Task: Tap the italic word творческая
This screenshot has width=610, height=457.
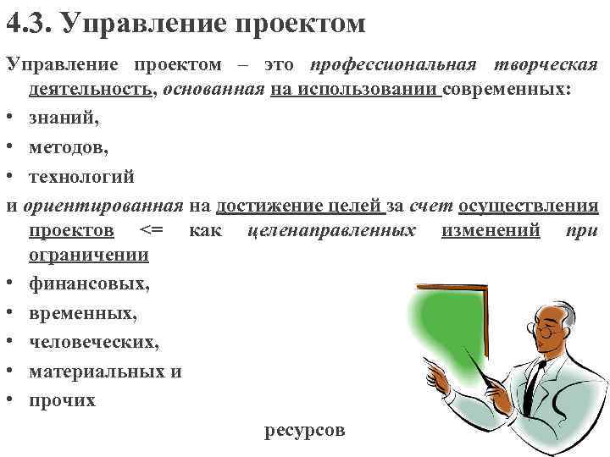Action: (x=543, y=66)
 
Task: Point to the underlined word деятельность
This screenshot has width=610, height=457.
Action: (x=91, y=91)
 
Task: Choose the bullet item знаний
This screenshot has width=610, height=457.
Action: (x=64, y=118)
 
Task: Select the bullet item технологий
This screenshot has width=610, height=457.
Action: (x=81, y=177)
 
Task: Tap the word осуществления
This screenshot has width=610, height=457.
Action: (x=528, y=206)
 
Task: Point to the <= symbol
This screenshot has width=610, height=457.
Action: (x=152, y=230)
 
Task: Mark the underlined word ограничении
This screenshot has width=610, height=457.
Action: (x=89, y=255)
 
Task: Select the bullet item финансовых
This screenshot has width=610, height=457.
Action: (x=89, y=284)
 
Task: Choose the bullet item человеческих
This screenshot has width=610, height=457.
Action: (x=93, y=342)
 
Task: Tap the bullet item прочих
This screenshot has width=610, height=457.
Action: (x=62, y=399)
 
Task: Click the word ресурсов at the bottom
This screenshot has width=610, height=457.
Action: (x=305, y=430)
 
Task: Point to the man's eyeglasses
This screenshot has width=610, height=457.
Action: (x=548, y=331)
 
